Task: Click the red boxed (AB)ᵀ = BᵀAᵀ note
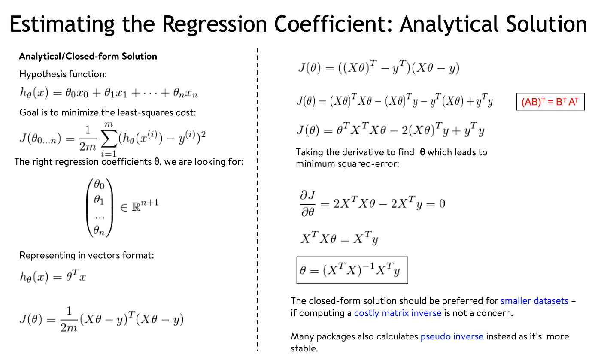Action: [x=550, y=102]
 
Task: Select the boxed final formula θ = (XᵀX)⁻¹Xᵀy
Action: [x=352, y=270]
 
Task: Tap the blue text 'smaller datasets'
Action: [x=534, y=301]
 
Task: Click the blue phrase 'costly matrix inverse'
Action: [x=398, y=313]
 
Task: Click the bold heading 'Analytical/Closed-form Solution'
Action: [x=88, y=56]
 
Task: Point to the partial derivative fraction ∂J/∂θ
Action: [x=307, y=203]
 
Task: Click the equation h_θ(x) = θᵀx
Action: [x=53, y=276]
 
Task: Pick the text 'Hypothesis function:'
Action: [x=63, y=74]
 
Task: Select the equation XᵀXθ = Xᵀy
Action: [x=339, y=239]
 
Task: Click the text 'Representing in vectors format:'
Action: [x=86, y=255]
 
